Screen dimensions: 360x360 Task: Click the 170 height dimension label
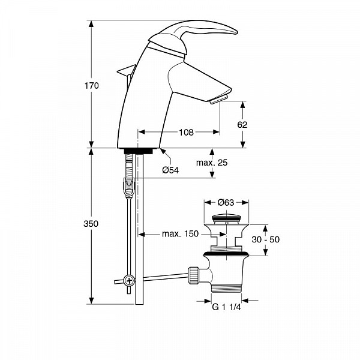pyautogui.click(x=92, y=86)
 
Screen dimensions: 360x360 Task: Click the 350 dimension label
pyautogui.click(x=91, y=224)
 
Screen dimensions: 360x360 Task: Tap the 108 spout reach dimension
pyautogui.click(x=186, y=132)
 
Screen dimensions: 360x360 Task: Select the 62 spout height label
pyautogui.click(x=242, y=125)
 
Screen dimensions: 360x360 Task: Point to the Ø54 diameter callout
pyautogui.click(x=170, y=170)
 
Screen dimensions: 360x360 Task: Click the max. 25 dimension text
pyautogui.click(x=212, y=163)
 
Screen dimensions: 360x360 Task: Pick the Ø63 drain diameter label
pyautogui.click(x=226, y=202)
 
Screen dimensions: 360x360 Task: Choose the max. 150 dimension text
pyautogui.click(x=180, y=234)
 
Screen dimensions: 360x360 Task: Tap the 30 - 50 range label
pyautogui.click(x=266, y=239)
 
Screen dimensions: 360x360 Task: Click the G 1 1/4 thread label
pyautogui.click(x=226, y=307)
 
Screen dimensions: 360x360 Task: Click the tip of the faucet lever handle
pyautogui.click(x=236, y=32)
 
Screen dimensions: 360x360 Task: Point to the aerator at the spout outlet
pyautogui.click(x=218, y=99)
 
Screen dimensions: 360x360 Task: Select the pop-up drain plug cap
pyautogui.click(x=226, y=217)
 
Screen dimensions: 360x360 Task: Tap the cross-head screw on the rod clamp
pyautogui.click(x=129, y=280)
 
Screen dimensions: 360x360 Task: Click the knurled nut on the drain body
pyautogui.click(x=193, y=275)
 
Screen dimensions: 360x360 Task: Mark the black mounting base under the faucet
pyautogui.click(x=139, y=151)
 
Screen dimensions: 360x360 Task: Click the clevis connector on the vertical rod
pyautogui.click(x=128, y=187)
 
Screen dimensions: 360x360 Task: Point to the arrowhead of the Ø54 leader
pyautogui.click(x=163, y=151)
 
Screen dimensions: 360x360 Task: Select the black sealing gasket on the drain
pyautogui.click(x=226, y=254)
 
